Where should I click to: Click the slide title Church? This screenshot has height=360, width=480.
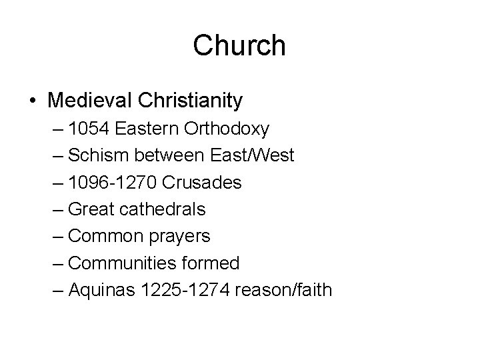[x=239, y=45]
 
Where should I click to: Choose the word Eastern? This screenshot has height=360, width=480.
[x=142, y=128]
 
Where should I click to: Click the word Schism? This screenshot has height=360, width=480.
[x=95, y=155]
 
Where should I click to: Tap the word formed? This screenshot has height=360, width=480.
[x=208, y=263]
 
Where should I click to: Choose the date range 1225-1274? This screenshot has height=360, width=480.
[x=184, y=291]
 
